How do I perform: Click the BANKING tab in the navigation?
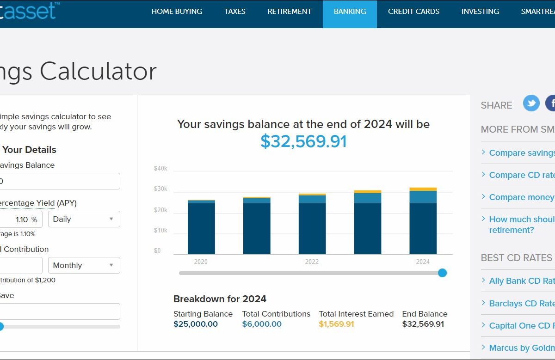(x=350, y=12)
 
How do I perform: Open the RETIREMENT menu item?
(x=290, y=12)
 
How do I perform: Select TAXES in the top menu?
(x=235, y=12)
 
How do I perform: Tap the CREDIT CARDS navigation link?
(x=413, y=12)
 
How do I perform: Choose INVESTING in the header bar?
(x=480, y=12)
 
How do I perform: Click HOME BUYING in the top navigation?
(x=177, y=12)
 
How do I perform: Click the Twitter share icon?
(x=531, y=103)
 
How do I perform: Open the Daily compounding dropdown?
(x=84, y=219)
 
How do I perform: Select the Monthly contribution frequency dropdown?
(x=84, y=265)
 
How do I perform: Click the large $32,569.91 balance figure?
(x=303, y=141)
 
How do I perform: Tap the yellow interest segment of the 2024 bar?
(x=423, y=189)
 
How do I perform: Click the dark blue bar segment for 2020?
(x=201, y=228)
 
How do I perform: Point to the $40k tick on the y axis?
(x=160, y=169)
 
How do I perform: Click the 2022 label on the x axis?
(x=312, y=262)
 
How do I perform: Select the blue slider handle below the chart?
(x=442, y=273)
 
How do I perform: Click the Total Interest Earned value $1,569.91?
(x=336, y=324)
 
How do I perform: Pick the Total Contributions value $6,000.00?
(x=262, y=324)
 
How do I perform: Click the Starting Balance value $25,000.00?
(x=196, y=324)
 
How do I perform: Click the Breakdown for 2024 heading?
(x=220, y=299)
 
